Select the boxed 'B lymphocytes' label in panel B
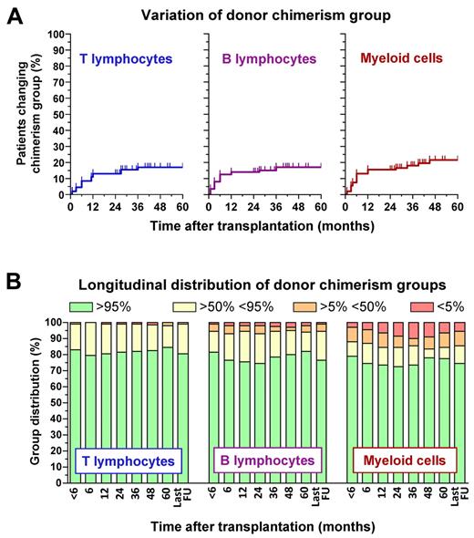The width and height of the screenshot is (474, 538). (266, 461)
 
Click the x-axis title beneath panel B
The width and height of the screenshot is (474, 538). (263, 526)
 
